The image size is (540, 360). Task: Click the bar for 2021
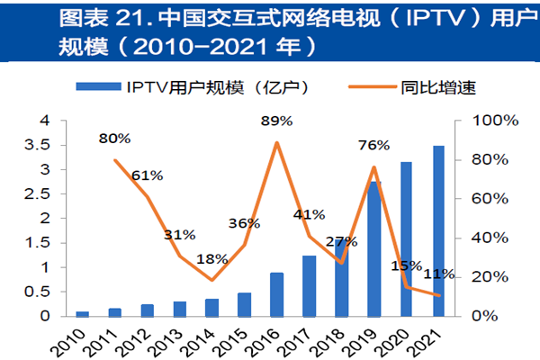(437, 231)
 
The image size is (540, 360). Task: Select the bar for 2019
(373, 249)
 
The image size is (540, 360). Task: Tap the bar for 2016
(276, 294)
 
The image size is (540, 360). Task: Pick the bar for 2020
(405, 239)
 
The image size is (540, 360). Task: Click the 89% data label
(276, 121)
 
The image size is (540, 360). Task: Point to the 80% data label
(114, 139)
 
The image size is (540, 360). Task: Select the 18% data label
(211, 259)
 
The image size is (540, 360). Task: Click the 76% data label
(373, 146)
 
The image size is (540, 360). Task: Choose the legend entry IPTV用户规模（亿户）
(210, 87)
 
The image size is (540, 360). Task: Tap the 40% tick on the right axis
(483, 238)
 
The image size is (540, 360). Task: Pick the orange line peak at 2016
(276, 142)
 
